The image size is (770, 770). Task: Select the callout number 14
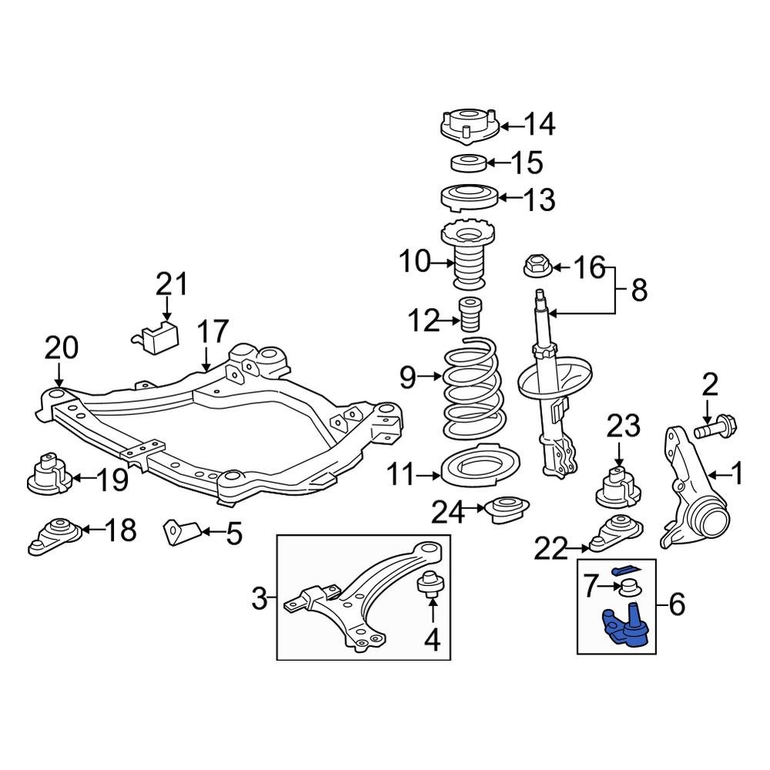coord(539,124)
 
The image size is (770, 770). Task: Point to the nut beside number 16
coord(534,267)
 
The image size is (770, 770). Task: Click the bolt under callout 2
coord(714,426)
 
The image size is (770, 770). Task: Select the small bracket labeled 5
coord(182,531)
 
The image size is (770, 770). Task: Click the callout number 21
coord(172,285)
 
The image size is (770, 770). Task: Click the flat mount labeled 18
coord(55,535)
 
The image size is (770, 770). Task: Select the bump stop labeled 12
coord(469,315)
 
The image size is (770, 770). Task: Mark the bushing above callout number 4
coord(429,586)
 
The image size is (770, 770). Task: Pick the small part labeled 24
coord(506,511)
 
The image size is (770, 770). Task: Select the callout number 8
coord(638,291)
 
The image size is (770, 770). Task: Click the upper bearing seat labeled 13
coord(470,199)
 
